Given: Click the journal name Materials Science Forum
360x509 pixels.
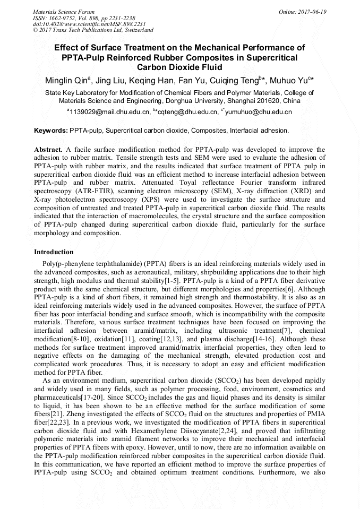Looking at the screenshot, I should coord(64,12).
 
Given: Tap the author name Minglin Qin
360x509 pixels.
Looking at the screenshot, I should coord(66,81).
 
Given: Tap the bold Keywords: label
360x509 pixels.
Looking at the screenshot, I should coord(51,131).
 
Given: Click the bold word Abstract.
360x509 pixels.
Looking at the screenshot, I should coord(49,150).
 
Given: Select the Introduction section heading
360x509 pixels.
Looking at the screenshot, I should coord(54,252).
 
